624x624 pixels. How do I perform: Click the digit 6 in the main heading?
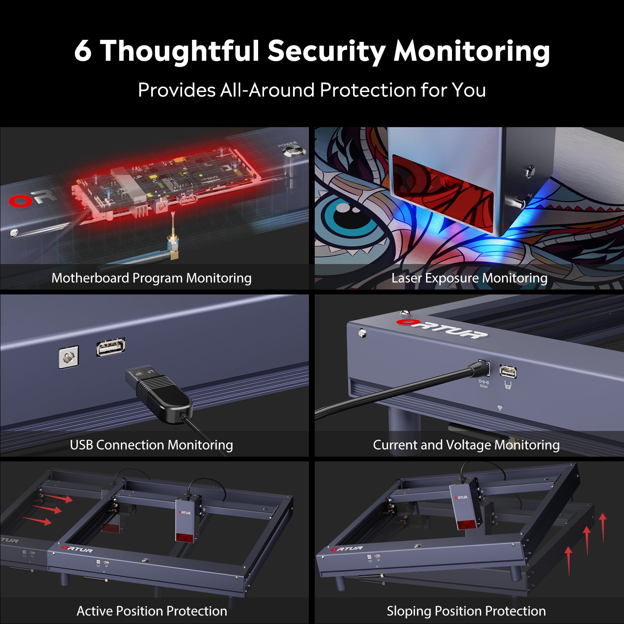click(x=83, y=51)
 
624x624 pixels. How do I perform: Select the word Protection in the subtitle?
click(x=367, y=90)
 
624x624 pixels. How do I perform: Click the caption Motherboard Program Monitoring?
click(x=151, y=278)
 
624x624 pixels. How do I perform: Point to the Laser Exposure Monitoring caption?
click(x=469, y=278)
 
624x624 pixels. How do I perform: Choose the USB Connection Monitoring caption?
click(x=151, y=445)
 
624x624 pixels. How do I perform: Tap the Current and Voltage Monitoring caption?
click(x=466, y=445)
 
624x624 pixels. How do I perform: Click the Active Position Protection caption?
click(x=152, y=611)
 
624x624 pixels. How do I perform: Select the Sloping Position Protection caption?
click(x=466, y=611)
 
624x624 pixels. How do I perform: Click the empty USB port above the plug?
click(x=111, y=347)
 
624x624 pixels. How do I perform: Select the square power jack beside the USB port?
click(x=69, y=356)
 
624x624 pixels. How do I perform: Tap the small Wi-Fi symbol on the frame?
click(x=500, y=408)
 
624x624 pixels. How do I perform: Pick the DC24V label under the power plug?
click(x=484, y=386)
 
